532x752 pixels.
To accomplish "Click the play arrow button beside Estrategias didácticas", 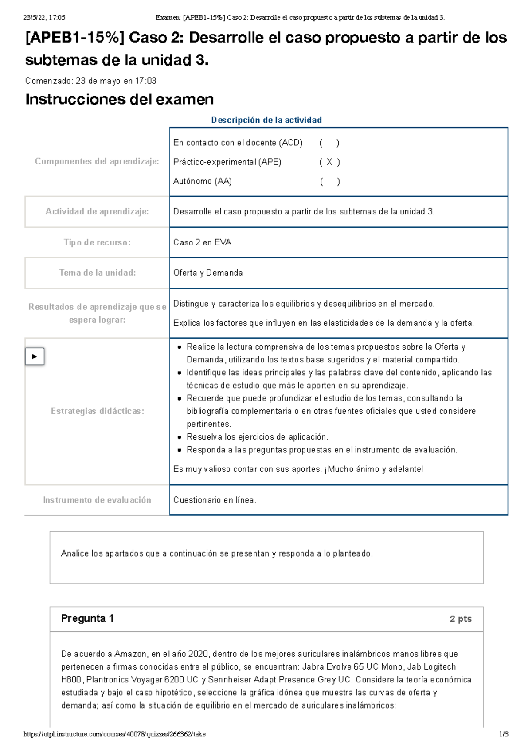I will [x=35, y=357].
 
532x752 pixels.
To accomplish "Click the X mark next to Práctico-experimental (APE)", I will [x=329, y=162].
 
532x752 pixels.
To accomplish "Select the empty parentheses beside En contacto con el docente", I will [x=329, y=143].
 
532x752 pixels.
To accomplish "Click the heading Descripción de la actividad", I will [x=266, y=120].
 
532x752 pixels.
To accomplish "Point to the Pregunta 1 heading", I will [x=87, y=619].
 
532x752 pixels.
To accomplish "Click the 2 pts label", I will [x=460, y=619].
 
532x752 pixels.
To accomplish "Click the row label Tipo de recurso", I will [x=97, y=242].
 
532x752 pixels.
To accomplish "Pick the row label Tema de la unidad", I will [x=98, y=273].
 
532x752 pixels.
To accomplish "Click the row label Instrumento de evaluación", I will [x=97, y=500].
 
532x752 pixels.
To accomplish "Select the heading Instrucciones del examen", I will [x=120, y=99].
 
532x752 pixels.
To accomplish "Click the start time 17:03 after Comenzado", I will [x=146, y=81].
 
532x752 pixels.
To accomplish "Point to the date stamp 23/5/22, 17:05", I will [x=44, y=18].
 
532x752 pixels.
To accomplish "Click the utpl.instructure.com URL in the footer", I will [x=114, y=734].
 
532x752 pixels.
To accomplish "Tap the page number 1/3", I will [x=503, y=734].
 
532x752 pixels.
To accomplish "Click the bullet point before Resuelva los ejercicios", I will [x=179, y=437].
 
